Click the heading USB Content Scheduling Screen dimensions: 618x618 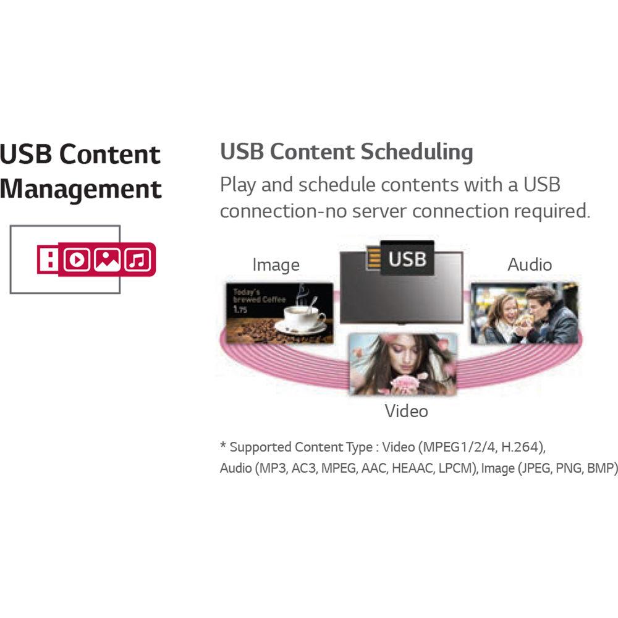346,151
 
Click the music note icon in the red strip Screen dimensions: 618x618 138,260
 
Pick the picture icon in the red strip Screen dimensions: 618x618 108,260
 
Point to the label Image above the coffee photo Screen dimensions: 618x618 276,265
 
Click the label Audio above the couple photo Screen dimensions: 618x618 530,265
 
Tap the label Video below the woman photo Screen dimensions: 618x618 406,410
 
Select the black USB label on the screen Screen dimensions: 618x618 407,258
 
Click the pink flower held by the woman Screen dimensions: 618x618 405,383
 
